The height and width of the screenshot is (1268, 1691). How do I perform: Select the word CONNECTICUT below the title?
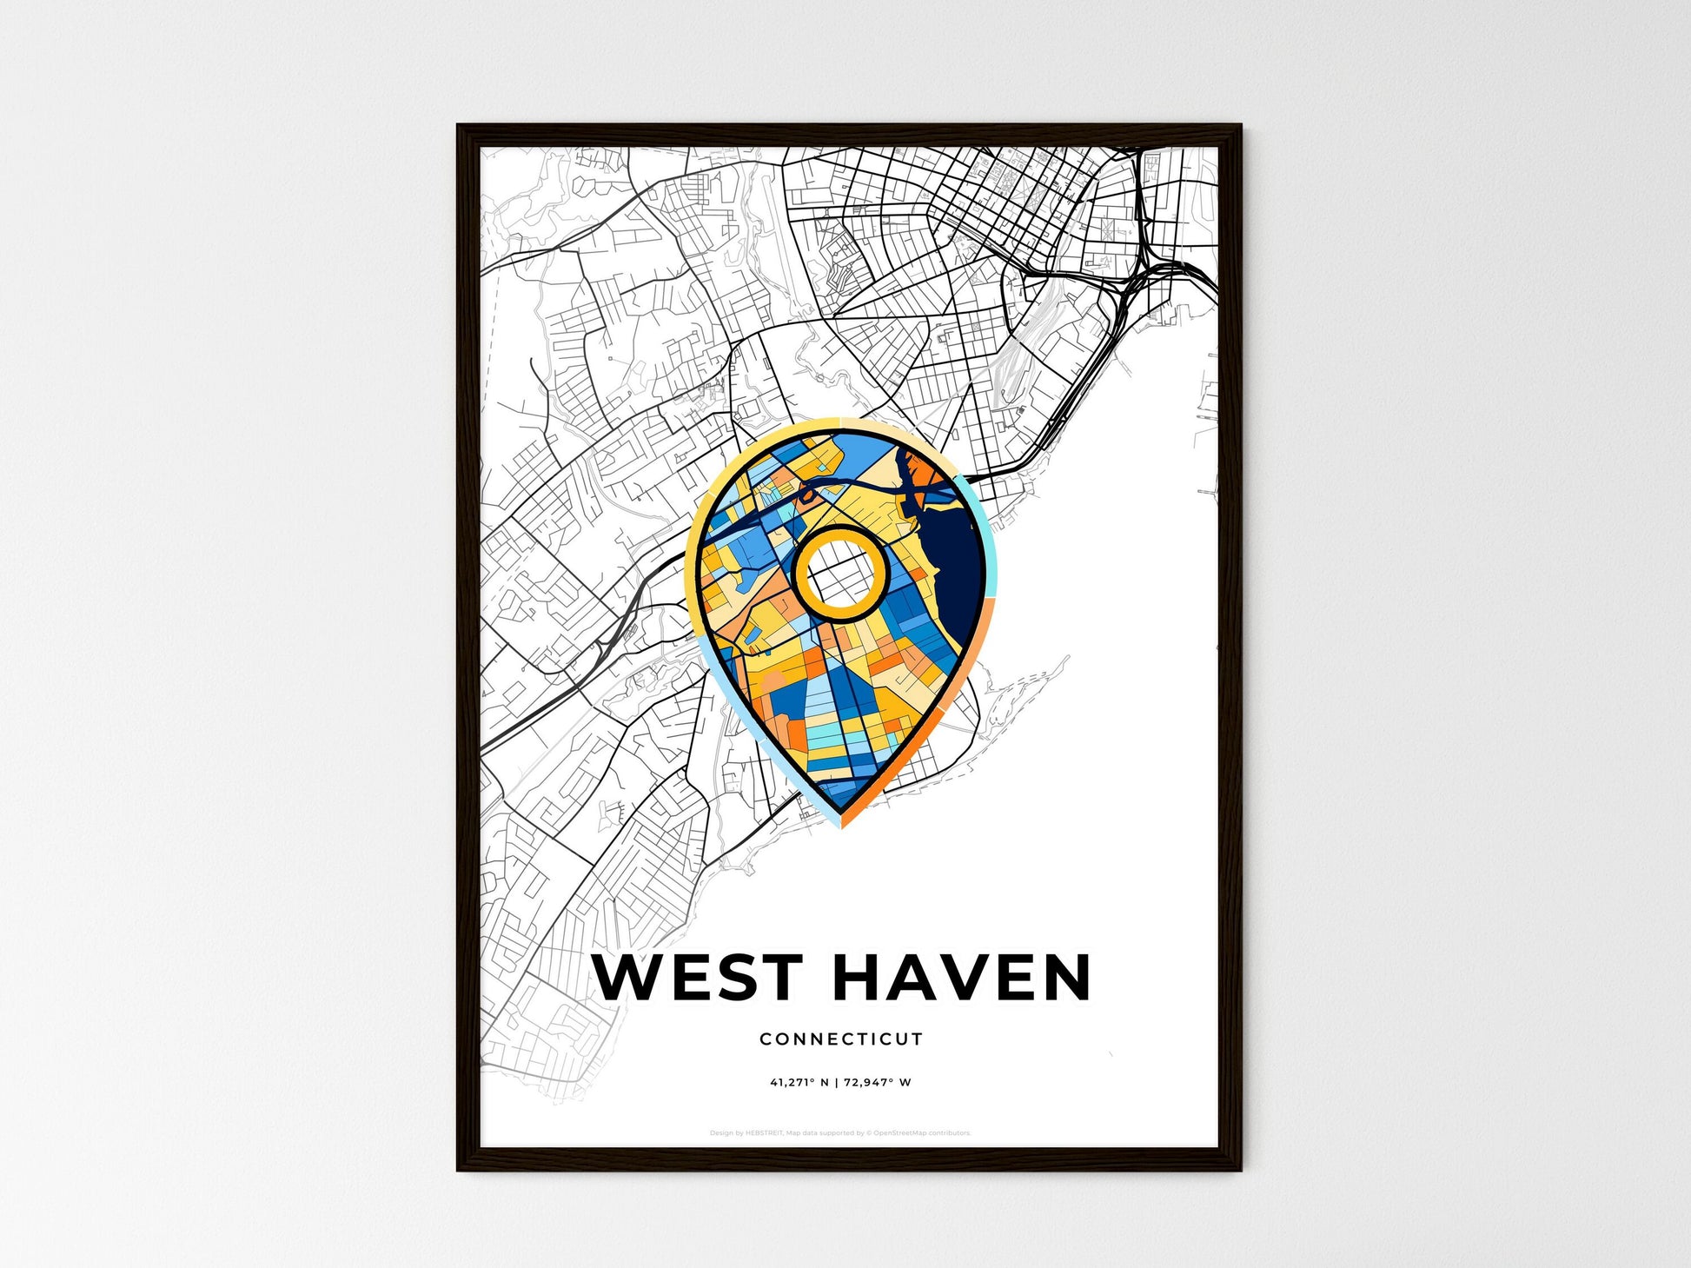pos(840,1039)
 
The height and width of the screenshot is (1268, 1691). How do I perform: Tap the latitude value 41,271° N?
pos(799,1083)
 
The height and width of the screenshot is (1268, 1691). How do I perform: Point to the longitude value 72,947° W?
pos(878,1083)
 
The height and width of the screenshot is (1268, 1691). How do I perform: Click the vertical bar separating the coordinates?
pos(837,1083)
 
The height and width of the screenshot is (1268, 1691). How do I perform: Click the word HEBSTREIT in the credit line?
pos(764,1133)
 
